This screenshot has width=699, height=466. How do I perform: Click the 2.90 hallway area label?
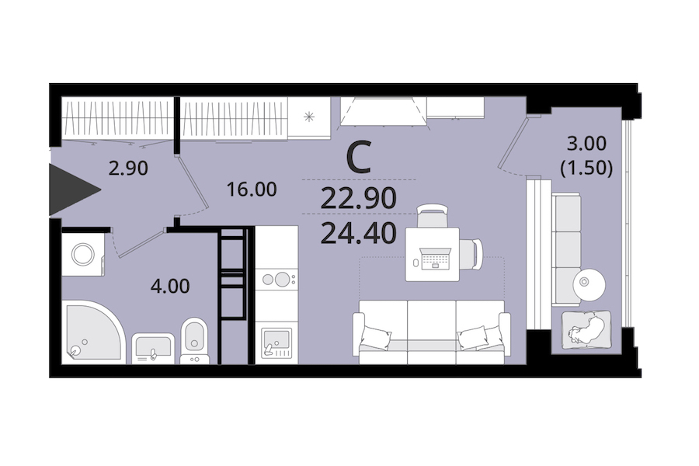point(128,169)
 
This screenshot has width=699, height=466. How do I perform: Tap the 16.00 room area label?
point(252,190)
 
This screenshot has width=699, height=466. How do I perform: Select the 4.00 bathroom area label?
point(170,286)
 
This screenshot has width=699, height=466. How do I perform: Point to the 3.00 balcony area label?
point(586,144)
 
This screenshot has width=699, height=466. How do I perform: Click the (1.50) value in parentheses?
point(586,168)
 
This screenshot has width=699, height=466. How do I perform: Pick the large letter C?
point(359,158)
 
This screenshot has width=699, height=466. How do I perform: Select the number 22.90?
point(358,199)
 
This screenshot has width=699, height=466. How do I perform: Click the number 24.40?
point(358,233)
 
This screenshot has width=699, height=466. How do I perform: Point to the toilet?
point(194,340)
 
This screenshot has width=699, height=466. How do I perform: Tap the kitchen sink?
point(276,343)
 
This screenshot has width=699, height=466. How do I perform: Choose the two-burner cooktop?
point(276,280)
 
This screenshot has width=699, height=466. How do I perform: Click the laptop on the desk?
point(433,259)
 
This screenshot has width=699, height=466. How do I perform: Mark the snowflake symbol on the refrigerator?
point(309,117)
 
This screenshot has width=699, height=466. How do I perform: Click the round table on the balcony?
point(589,283)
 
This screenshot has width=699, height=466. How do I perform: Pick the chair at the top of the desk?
point(433,216)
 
